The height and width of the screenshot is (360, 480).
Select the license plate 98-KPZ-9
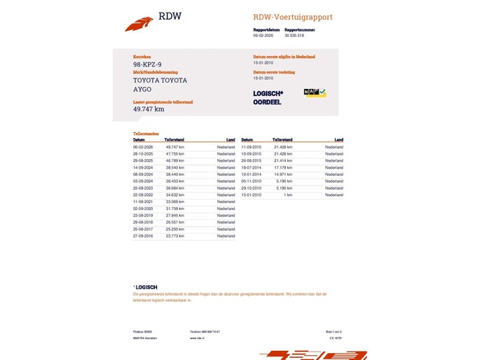click(147, 64)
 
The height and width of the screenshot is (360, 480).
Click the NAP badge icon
click(315, 92)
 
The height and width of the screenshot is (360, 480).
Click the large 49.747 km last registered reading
click(149, 109)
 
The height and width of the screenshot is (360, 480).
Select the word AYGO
click(142, 90)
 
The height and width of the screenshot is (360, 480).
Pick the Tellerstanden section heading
click(146, 133)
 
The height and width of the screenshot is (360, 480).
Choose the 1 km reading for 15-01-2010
click(288, 195)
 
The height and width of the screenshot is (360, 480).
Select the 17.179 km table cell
click(283, 167)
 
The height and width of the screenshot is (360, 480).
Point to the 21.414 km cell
click(283, 160)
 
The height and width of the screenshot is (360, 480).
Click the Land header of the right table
click(338, 139)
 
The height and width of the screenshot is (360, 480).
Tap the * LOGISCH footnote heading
click(146, 287)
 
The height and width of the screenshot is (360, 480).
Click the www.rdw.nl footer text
click(197, 338)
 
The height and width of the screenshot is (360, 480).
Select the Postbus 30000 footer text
click(142, 331)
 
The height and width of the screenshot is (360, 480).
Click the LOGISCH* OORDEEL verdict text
click(268, 97)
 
